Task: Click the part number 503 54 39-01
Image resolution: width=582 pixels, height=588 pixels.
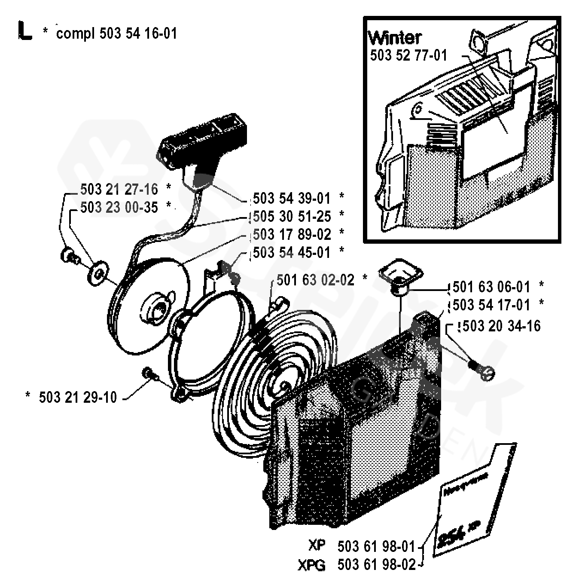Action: coord(292,199)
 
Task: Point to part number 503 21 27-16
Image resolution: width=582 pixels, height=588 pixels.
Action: coord(119,190)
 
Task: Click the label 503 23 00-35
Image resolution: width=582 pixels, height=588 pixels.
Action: coord(119,208)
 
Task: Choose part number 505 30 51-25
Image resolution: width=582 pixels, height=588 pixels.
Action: coord(292,216)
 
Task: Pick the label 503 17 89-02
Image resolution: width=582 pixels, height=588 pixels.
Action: coord(292,234)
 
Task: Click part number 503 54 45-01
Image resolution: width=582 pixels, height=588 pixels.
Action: coord(292,252)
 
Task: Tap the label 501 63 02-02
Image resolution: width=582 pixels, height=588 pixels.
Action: coord(315,280)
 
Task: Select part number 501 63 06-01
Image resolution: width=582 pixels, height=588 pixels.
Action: coord(491,287)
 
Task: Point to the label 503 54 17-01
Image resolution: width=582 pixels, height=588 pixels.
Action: coord(491,305)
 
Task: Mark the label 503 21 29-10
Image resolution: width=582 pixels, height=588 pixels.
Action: coord(78,397)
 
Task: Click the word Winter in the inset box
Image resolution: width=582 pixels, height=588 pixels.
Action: coord(395,38)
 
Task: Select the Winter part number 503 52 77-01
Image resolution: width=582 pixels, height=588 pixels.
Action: coord(408,55)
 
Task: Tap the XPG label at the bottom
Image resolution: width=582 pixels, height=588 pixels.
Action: coord(311,565)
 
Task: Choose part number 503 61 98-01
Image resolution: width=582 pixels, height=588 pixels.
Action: coord(376,547)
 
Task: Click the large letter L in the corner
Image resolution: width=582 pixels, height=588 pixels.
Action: coord(25,32)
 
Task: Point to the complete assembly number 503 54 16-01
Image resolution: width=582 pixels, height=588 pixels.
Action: coord(137,34)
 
